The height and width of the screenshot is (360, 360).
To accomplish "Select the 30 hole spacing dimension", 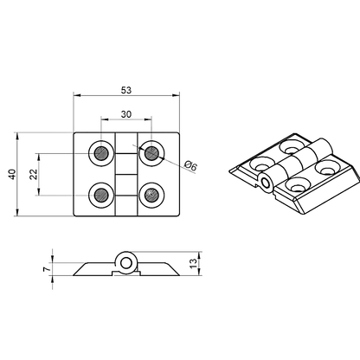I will coord(127,114).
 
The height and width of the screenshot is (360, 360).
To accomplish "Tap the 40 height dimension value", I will coord(12,174).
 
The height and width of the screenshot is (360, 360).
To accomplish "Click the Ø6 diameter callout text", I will coord(192,167).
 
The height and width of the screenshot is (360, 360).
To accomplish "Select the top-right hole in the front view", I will coord(152,154).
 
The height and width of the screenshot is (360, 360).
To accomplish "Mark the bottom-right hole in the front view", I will coord(152,194).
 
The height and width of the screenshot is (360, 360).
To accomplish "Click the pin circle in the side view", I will coord(127,263).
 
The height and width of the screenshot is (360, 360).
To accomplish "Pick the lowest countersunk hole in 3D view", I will coord(298,185).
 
